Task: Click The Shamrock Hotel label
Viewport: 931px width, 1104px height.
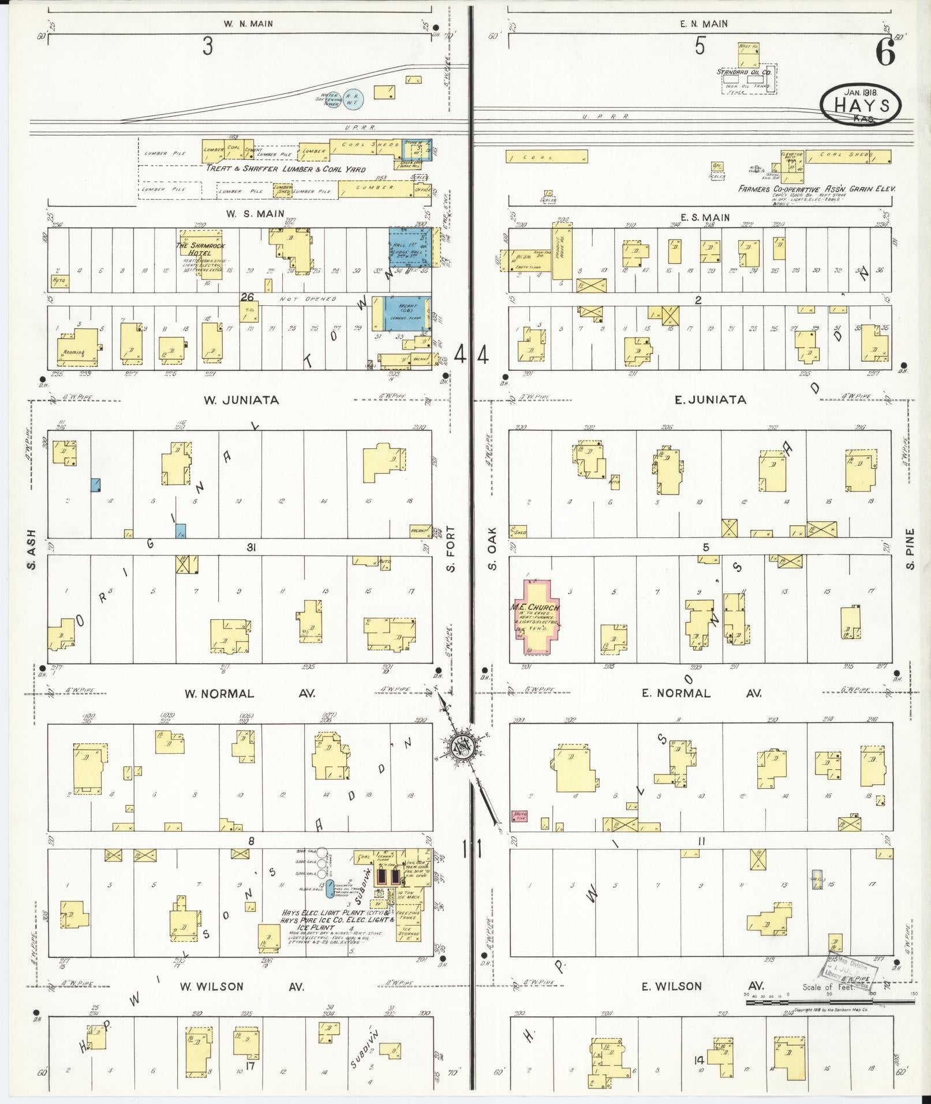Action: (x=201, y=249)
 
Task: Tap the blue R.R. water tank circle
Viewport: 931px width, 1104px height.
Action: (x=353, y=99)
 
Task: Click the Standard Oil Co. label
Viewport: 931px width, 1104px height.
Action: (x=744, y=72)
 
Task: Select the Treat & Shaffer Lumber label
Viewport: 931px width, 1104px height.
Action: (x=286, y=169)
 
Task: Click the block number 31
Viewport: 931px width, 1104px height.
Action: (x=250, y=548)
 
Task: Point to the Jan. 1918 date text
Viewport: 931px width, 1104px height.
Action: (x=861, y=91)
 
